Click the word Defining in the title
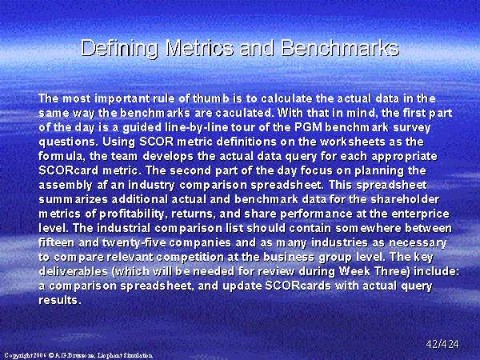pyautogui.click(x=119, y=48)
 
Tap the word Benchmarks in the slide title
pyautogui.click(x=340, y=48)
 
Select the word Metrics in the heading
pyautogui.click(x=199, y=48)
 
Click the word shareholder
pyautogui.click(x=405, y=199)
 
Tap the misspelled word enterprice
pyautogui.click(x=420, y=214)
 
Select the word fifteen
pyautogui.click(x=56, y=242)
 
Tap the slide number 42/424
pyautogui.click(x=442, y=344)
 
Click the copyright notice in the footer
pyautogui.click(x=78, y=355)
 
